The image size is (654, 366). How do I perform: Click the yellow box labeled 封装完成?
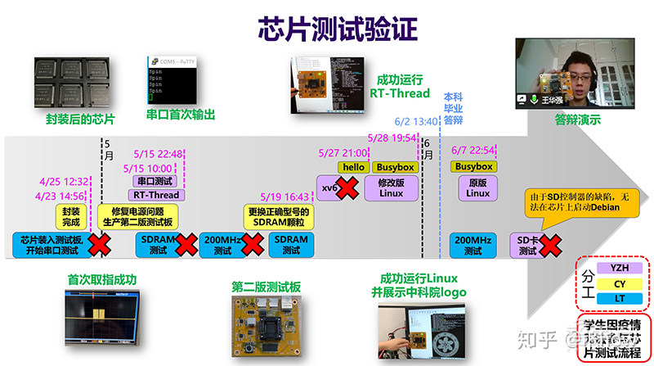pyautogui.click(x=72, y=216)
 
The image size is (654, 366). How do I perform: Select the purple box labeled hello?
pyautogui.click(x=353, y=167)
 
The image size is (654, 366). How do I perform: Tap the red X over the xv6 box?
pyautogui.click(x=347, y=188)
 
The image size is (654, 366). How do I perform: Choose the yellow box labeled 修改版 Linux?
pyautogui.click(x=391, y=188)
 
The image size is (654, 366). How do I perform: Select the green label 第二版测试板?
pyautogui.click(x=266, y=287)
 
